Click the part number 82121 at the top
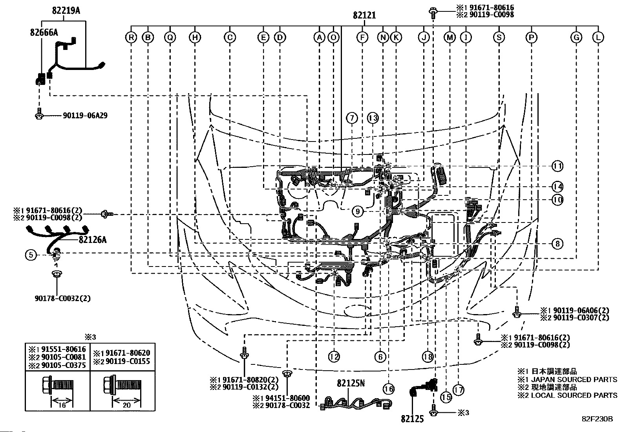point(364,15)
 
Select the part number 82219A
point(66,11)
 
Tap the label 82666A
point(44,32)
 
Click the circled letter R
point(131,37)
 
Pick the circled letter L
point(598,37)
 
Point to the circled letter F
point(362,37)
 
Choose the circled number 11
point(557,166)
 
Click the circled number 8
point(557,244)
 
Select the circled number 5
point(31,255)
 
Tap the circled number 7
point(352,118)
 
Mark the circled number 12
point(334,357)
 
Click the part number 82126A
point(93,240)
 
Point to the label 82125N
point(351,383)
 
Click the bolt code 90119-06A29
point(85,116)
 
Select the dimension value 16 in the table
point(62,405)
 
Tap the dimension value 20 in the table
point(127,405)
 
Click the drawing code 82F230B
point(598,419)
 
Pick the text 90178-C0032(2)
point(63,298)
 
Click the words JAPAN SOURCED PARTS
point(574,379)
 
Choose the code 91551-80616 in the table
point(64,349)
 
